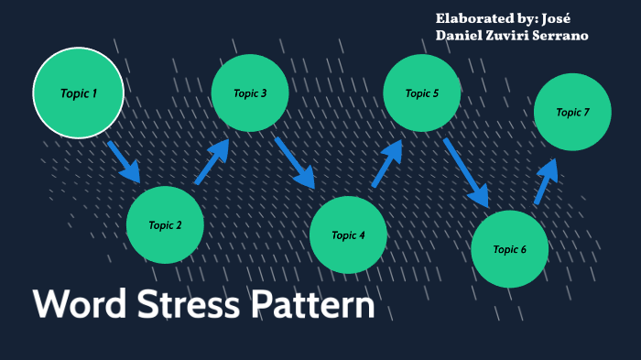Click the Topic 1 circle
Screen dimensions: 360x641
[x=78, y=93]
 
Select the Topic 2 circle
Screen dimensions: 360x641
[x=165, y=224]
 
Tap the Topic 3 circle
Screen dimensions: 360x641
[x=250, y=93]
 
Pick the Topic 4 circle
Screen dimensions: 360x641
[x=348, y=235]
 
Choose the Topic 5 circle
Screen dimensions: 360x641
[x=422, y=93]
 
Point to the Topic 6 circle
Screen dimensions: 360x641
[x=509, y=249]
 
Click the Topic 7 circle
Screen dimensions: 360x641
[x=572, y=112]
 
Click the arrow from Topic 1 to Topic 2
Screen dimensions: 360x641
[x=124, y=161]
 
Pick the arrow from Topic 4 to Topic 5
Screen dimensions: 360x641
[x=387, y=164]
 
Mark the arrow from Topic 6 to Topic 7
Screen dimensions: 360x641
[x=546, y=181]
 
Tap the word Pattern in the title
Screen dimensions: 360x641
[x=311, y=305]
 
